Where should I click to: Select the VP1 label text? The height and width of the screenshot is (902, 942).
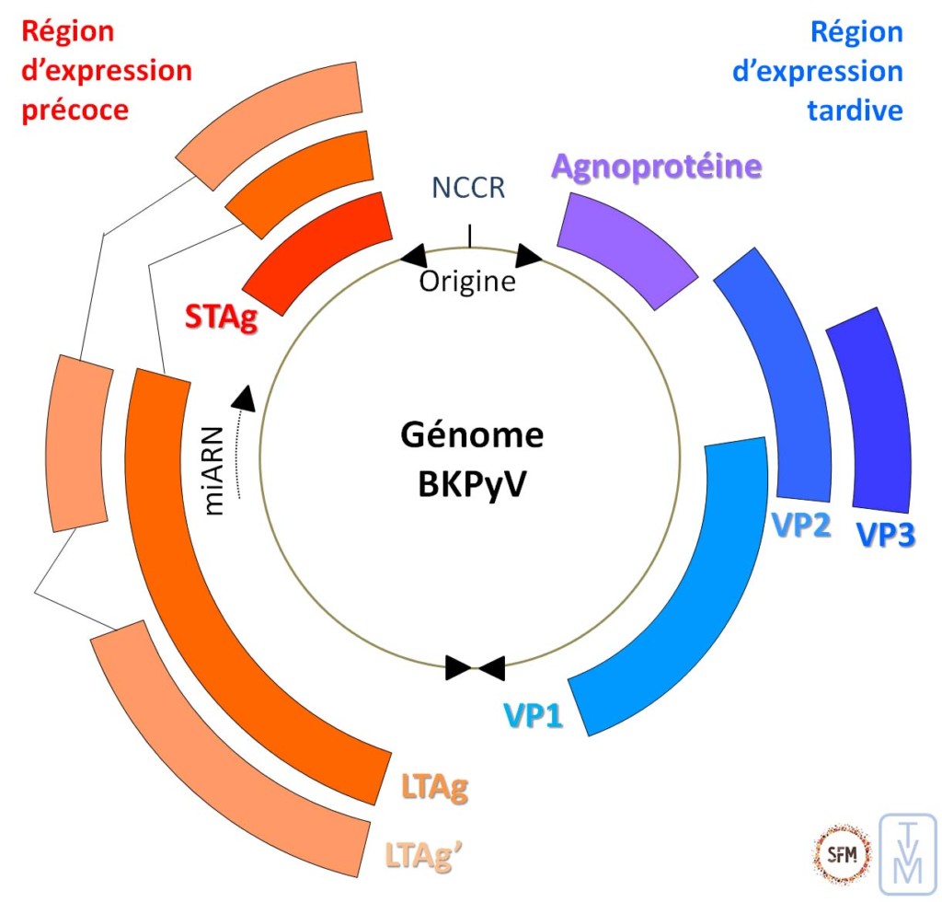coord(532,713)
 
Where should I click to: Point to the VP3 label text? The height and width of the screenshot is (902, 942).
coord(885,535)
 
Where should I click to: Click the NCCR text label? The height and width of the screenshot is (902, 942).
coord(468,188)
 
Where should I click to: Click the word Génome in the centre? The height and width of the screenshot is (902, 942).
coord(472,434)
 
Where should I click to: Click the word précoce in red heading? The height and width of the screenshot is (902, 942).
coord(74,110)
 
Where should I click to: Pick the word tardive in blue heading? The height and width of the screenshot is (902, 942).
coord(855,110)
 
